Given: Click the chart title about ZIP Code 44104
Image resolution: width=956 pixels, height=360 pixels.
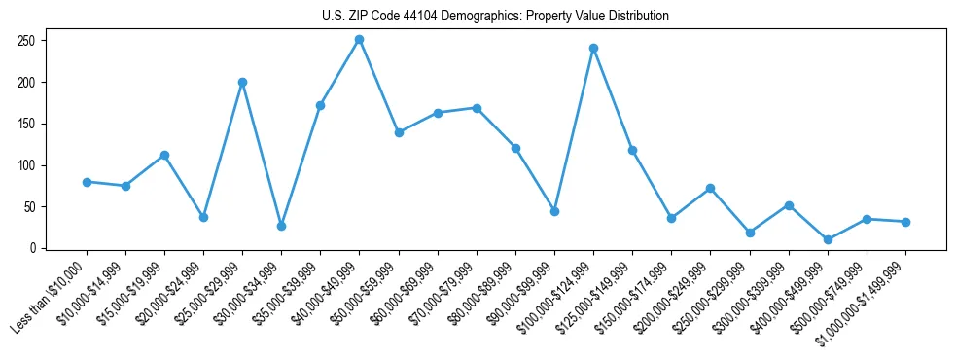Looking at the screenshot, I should [495, 16].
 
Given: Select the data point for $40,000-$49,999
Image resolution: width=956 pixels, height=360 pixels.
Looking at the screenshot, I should [360, 40].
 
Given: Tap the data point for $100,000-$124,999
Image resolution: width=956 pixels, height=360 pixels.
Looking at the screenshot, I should [593, 48].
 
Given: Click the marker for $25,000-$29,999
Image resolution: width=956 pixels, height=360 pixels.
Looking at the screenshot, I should [242, 82].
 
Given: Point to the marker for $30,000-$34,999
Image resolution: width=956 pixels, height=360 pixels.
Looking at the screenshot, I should [281, 226].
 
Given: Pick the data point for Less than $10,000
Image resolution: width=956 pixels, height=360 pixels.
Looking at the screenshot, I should [87, 182].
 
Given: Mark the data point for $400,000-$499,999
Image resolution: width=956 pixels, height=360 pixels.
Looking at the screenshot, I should [828, 239].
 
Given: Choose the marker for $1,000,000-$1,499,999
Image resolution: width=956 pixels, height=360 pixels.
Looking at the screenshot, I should [905, 222].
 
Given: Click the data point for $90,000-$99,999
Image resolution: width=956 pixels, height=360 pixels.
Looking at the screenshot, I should [554, 211].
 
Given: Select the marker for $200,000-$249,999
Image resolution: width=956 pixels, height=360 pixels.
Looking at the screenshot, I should [711, 188].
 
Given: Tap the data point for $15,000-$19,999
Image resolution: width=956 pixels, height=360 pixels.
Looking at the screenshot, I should [164, 155].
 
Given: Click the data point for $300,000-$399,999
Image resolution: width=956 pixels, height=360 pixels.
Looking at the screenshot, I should [789, 205].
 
